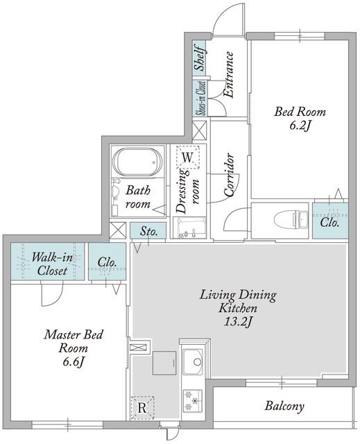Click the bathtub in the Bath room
pos(137,162)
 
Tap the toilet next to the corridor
pos(291,220)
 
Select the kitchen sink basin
pos(193,361)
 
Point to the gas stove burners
pos(192,400)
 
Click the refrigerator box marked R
pos(142,408)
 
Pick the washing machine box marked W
pos(187,157)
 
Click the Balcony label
pos(284,406)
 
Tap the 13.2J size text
pos(238,321)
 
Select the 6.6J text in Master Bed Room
pos(74,361)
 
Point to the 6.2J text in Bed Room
pos(300,126)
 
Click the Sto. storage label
pos(149,231)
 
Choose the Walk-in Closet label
pos(52,264)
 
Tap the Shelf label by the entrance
pos(200,58)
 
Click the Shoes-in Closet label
pos(201,99)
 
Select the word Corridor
pos(229,176)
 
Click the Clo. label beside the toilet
pos(329,222)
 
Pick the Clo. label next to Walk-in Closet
pos(108,262)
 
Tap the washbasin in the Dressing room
pos(189,228)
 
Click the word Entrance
pos(229,74)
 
